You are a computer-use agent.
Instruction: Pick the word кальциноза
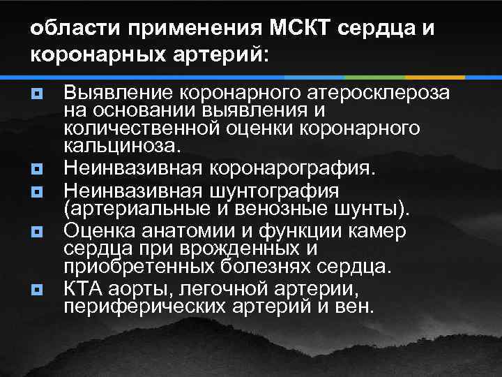pyautogui.click(x=121, y=147)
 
